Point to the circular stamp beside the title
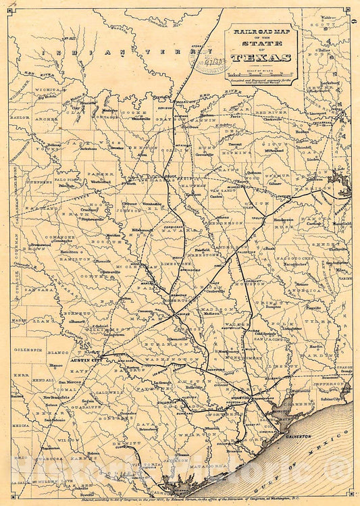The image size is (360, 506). click(206, 63)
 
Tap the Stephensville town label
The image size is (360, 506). click(91, 219)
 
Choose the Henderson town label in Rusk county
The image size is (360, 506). click(284, 220)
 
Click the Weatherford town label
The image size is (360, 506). click(100, 182)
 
